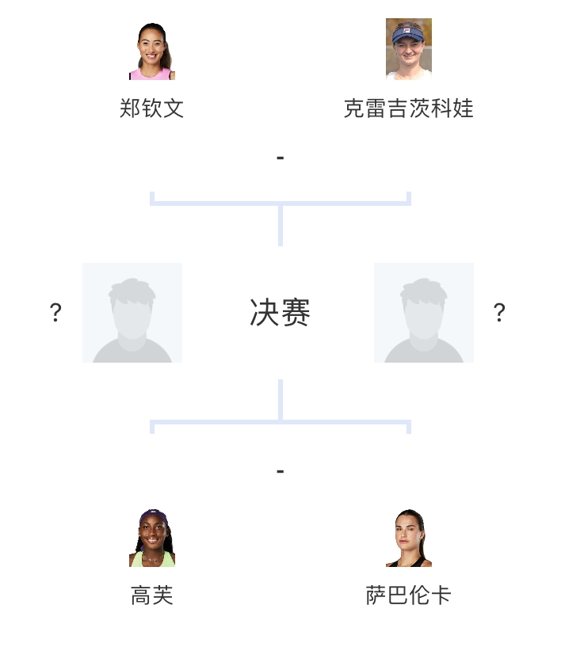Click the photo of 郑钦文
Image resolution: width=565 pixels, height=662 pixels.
(152, 51)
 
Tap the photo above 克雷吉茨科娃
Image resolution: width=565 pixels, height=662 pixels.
(409, 49)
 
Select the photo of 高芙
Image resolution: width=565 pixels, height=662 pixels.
(152, 538)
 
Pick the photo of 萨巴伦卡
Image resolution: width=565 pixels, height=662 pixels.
(409, 538)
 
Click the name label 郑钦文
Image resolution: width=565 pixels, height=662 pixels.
(152, 108)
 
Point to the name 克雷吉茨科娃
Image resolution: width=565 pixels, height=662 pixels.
(409, 108)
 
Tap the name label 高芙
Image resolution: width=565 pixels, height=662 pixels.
(152, 595)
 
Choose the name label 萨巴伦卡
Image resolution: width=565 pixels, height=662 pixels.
(409, 595)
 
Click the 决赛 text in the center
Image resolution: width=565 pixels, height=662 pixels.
(280, 313)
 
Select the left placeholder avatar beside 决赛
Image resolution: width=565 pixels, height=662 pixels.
(132, 313)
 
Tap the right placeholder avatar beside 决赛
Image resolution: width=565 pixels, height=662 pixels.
(424, 313)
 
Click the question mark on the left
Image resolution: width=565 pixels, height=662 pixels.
(55, 313)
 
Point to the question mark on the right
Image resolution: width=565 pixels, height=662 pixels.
(499, 313)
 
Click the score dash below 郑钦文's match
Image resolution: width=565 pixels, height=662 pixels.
(280, 158)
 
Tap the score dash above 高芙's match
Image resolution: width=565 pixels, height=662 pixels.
(280, 472)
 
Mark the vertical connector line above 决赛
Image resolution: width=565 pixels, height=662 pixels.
(280, 225)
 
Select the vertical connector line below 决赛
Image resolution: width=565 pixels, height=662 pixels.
(280, 400)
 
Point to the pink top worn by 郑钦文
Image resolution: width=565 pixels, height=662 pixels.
(151, 74)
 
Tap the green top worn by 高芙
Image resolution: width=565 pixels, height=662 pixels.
(151, 560)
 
